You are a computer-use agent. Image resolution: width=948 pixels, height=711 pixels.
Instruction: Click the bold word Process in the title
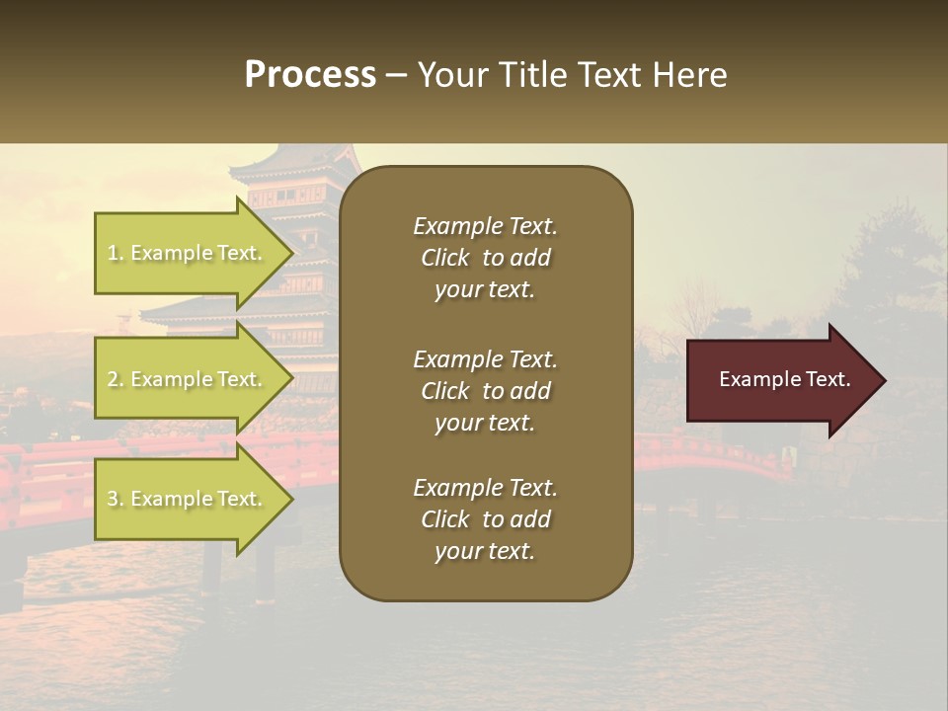[310, 75]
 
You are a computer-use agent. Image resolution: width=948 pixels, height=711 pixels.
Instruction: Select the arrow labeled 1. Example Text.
[188, 253]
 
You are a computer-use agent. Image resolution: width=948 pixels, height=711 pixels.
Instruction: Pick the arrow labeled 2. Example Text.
[188, 379]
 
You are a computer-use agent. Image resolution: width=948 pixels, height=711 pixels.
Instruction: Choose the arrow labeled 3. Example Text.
[188, 500]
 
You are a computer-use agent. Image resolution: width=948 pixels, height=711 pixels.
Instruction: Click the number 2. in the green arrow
[116, 379]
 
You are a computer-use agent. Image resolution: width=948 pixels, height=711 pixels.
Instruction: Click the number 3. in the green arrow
[116, 500]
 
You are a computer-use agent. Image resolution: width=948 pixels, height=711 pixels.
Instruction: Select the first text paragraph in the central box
[485, 258]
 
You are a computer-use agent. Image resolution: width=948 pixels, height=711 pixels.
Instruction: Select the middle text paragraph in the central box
[485, 391]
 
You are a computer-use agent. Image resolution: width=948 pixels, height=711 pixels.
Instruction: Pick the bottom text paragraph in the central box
[485, 519]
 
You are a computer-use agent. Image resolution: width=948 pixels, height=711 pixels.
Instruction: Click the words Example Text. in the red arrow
[784, 380]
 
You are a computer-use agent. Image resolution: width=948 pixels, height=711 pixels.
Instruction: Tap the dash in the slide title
[396, 76]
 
